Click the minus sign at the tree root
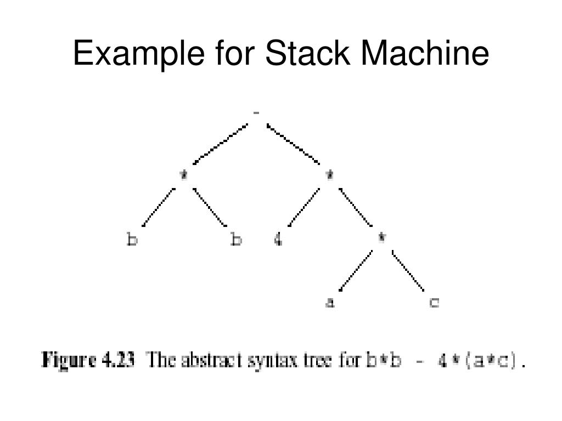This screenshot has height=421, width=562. (x=256, y=113)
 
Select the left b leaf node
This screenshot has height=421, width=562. (x=132, y=240)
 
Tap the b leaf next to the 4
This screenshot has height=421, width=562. (x=236, y=240)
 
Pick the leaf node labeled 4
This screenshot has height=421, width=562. (x=278, y=240)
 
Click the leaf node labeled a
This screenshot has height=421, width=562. (x=330, y=302)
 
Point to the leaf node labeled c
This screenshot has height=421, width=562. (x=434, y=302)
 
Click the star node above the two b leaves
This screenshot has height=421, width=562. (x=184, y=175)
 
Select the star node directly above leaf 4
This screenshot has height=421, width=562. (x=329, y=175)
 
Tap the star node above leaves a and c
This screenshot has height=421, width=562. (x=381, y=237)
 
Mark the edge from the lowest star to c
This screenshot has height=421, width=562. (x=408, y=270)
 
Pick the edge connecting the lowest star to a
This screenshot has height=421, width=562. (x=356, y=270)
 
